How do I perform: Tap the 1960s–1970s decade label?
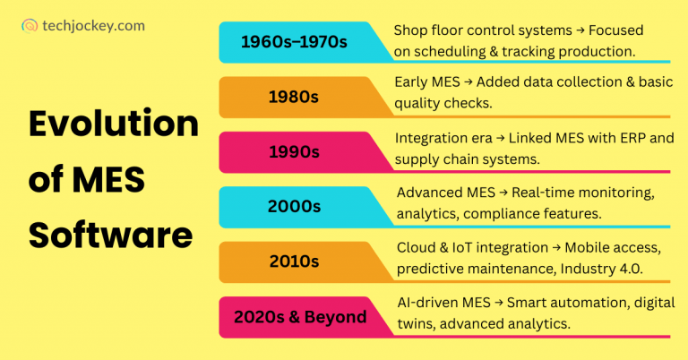[288, 42]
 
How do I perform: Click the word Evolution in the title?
[113, 123]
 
